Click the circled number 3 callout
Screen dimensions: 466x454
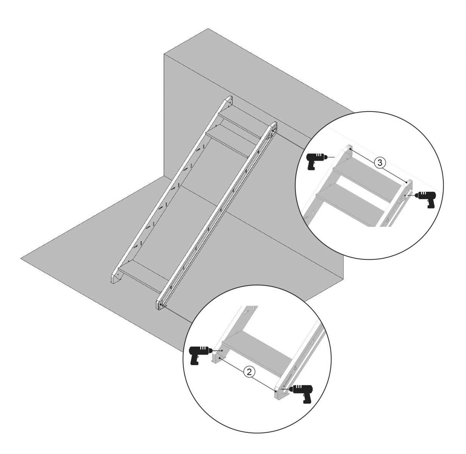click(x=380, y=163)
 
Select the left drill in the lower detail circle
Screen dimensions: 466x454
click(x=199, y=355)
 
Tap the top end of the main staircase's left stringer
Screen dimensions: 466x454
click(x=228, y=100)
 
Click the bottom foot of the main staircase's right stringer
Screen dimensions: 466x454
click(x=160, y=303)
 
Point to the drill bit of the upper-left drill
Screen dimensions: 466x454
click(x=331, y=157)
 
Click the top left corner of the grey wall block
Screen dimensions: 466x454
click(x=164, y=54)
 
